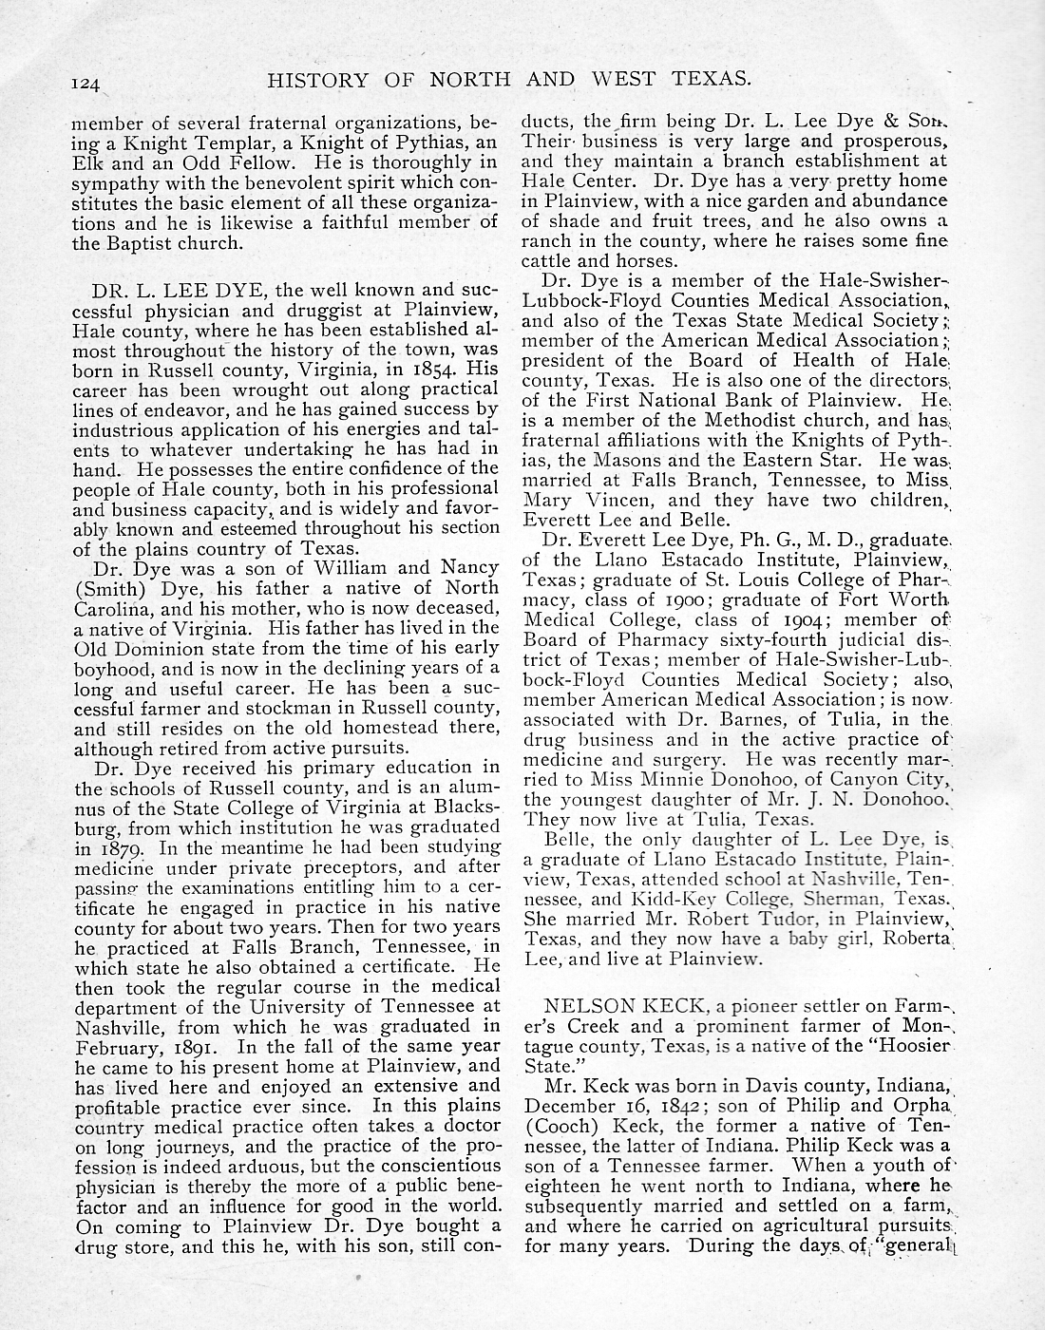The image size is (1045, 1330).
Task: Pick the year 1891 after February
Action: point(203,1046)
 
